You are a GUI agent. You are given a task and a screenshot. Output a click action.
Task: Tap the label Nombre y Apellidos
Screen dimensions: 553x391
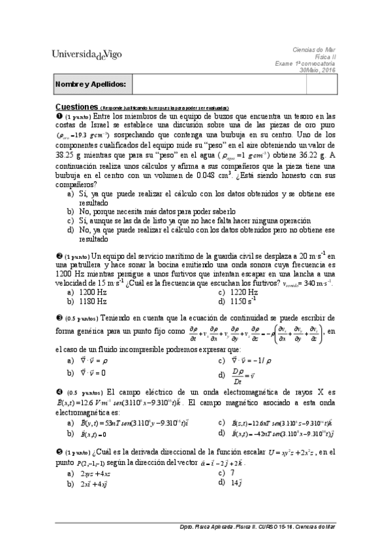pos(82,85)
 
